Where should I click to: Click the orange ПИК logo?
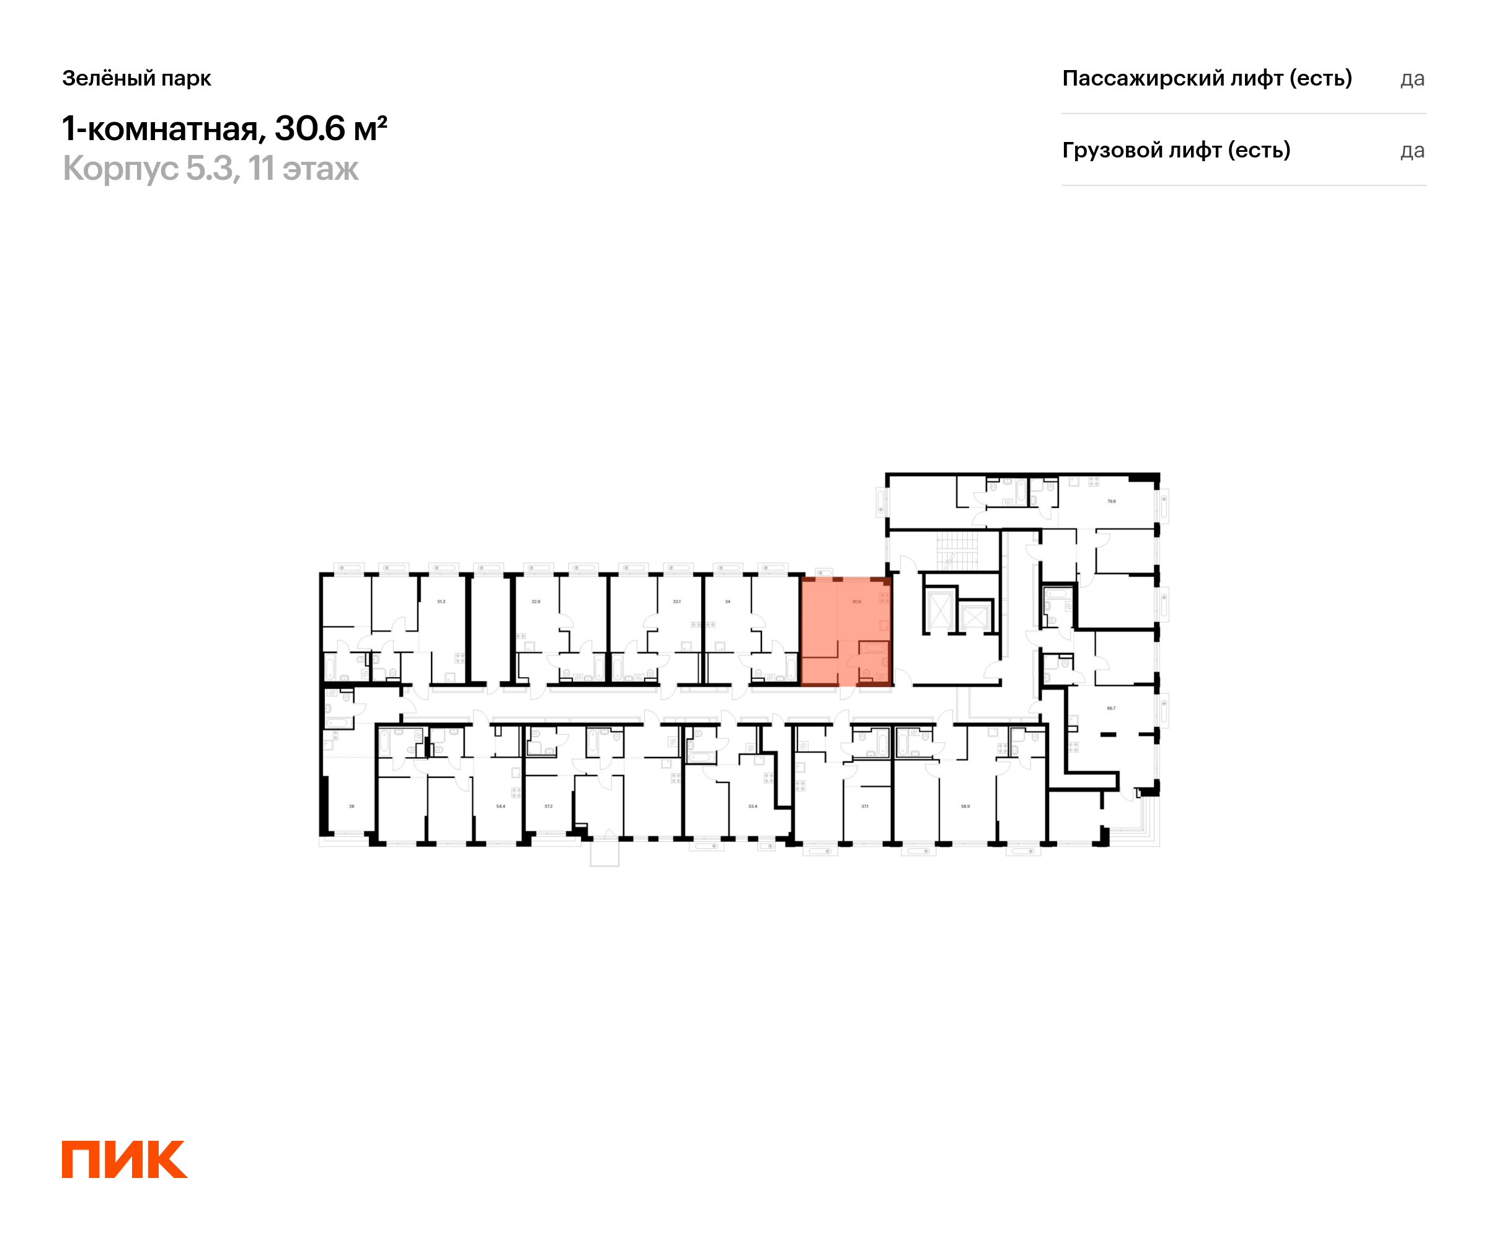[x=125, y=1159]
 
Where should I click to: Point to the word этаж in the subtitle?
[x=321, y=169]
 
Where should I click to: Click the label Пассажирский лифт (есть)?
[x=1207, y=78]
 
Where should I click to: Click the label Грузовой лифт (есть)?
[x=1176, y=150]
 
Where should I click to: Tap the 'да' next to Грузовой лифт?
[x=1412, y=151]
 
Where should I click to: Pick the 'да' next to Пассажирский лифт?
[x=1412, y=79]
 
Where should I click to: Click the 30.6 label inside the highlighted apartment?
[x=857, y=601]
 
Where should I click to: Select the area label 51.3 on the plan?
[x=441, y=601]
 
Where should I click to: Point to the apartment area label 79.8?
[x=1111, y=501]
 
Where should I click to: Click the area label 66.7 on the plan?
[x=1111, y=708]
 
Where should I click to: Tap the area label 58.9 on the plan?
[x=965, y=807]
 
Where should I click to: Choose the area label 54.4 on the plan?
[x=500, y=807]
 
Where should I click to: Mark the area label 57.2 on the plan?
[x=549, y=807]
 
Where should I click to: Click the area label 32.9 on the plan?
[x=536, y=601]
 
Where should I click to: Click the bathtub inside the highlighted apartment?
[x=874, y=648]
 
